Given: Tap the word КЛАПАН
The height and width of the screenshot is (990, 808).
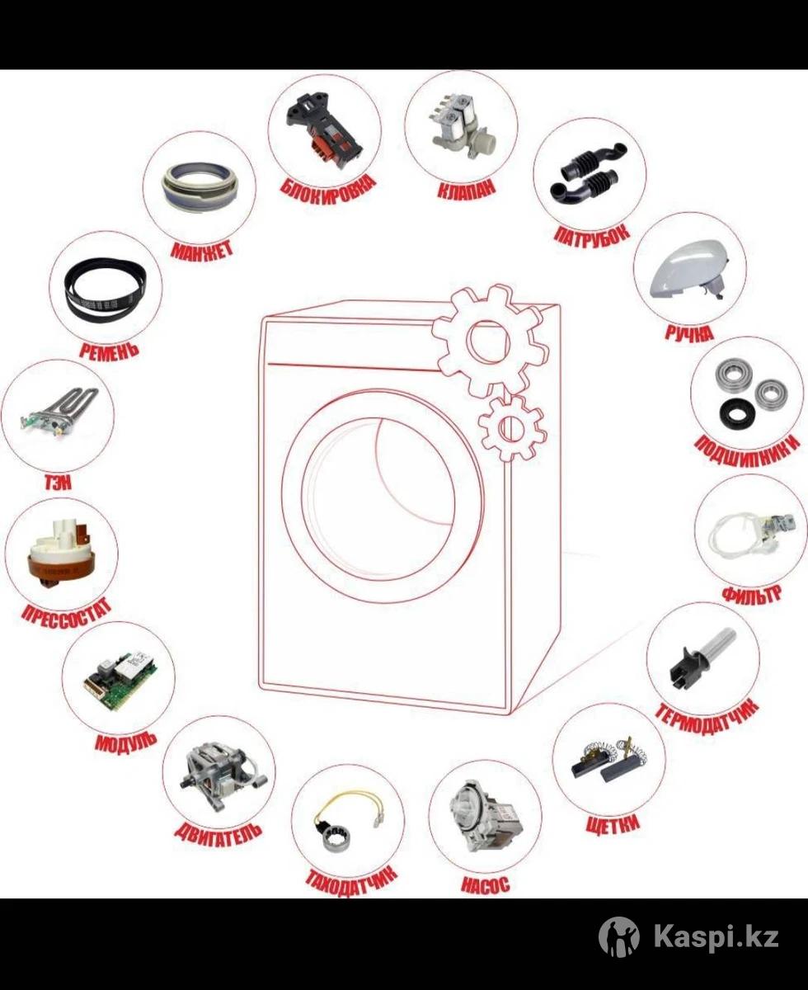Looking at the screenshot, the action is coord(466,190).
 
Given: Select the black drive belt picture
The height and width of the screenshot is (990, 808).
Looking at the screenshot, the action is coord(106,287).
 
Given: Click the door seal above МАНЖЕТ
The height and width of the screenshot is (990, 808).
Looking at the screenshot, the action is coord(199,187).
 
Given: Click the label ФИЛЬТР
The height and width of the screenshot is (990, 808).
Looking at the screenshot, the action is coord(751,595).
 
